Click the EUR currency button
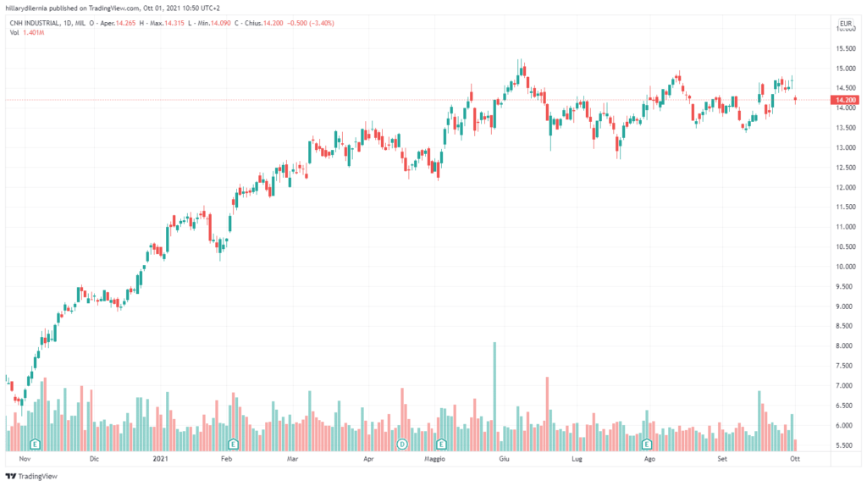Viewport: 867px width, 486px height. coord(845,23)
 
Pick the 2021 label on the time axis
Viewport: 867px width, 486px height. coord(160,458)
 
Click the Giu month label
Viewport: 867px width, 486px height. coord(504,458)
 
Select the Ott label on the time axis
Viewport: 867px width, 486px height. coord(794,458)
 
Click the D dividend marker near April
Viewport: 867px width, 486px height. coord(402,444)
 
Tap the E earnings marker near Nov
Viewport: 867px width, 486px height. coord(35,444)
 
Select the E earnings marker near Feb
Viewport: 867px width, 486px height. coord(233,444)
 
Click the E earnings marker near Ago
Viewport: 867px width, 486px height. coord(646,444)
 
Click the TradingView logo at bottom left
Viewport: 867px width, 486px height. coord(34,476)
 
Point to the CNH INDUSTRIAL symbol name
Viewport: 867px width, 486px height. coord(41,23)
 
